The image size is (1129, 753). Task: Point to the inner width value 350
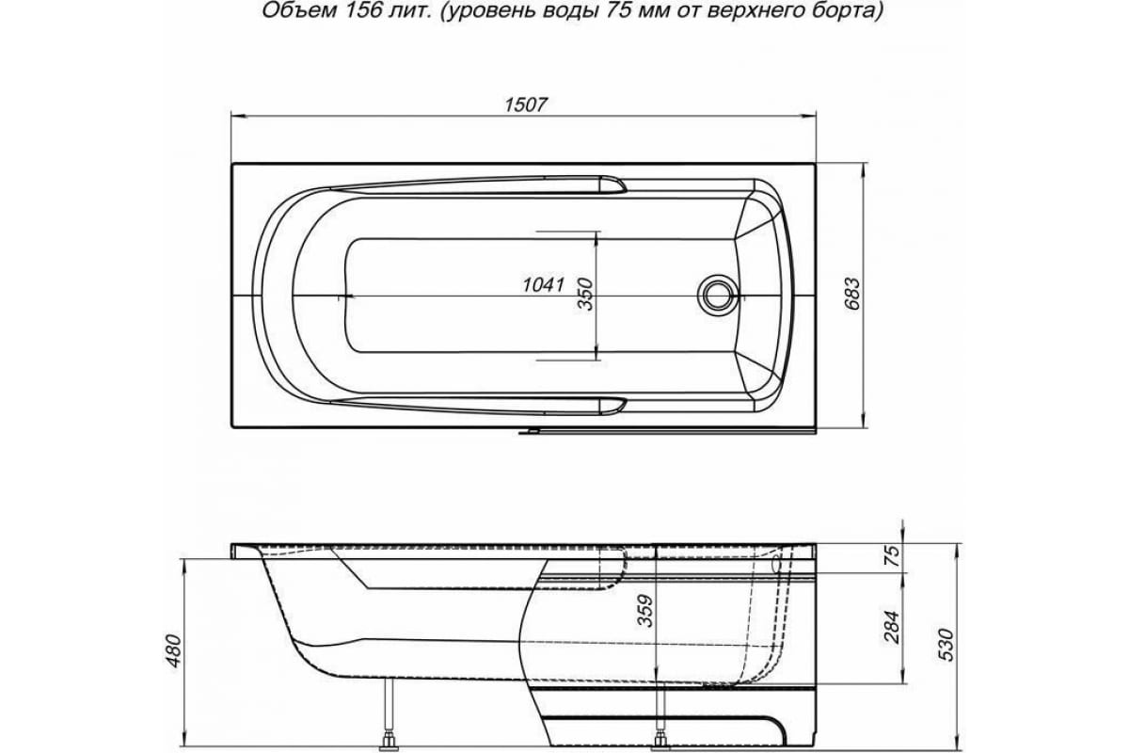[585, 296]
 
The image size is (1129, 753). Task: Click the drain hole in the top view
[720, 293]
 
